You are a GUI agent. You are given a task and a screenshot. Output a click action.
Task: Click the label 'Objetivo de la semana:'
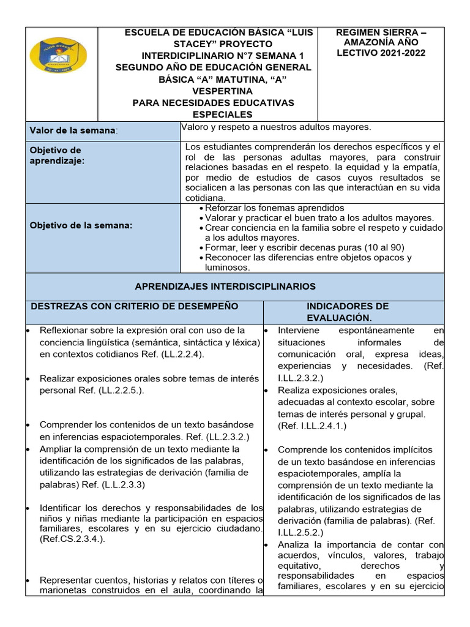tap(81, 225)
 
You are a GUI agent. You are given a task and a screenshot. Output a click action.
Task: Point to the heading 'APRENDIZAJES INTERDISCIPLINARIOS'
tap(225, 286)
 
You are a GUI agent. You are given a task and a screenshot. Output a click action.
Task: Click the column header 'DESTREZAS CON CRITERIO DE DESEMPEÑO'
tap(135, 306)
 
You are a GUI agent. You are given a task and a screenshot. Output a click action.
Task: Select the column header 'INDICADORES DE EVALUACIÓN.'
tap(347, 312)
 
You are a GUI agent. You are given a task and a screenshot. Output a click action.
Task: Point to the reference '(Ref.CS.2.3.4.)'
tap(73, 539)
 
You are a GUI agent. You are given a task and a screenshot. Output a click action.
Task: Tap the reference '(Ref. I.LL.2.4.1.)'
tap(312, 426)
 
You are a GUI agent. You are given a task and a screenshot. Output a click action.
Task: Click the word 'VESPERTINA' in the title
tap(214, 91)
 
